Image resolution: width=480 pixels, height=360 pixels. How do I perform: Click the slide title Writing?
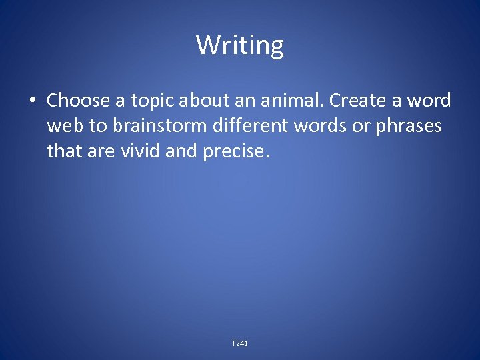[x=239, y=45]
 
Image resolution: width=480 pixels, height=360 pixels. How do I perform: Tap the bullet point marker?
[x=31, y=101]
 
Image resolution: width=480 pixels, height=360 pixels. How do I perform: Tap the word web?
[x=63, y=126]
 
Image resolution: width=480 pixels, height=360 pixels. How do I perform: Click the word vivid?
[x=137, y=151]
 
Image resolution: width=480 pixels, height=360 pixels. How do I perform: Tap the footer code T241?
[x=239, y=343]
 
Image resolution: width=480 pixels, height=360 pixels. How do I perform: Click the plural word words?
[x=313, y=126]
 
